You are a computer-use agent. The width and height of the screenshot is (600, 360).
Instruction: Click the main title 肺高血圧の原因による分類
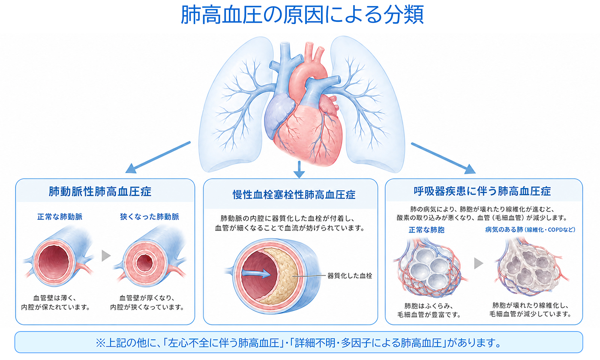point(303,15)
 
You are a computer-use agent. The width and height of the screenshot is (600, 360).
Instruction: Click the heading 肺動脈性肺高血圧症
point(100,192)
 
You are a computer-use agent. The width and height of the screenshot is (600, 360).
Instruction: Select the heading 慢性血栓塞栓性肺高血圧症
point(294,195)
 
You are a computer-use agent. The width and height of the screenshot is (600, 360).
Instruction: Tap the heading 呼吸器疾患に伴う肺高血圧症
point(482,191)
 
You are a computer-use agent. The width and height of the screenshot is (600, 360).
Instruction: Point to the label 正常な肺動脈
point(60,216)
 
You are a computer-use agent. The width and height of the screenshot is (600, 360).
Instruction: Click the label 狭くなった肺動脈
point(150,216)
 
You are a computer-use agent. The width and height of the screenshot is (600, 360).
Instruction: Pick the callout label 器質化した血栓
point(350,276)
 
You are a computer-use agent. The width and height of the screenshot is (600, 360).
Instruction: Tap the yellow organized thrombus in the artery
point(281,276)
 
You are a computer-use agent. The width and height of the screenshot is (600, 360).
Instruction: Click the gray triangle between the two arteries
point(106,255)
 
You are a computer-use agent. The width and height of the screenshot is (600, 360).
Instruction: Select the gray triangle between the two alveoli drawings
point(478,263)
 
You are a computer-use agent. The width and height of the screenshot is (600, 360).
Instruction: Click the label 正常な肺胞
point(426,230)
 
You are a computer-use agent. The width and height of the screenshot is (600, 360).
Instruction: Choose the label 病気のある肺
point(504,230)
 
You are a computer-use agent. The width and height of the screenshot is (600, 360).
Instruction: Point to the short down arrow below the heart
point(299,170)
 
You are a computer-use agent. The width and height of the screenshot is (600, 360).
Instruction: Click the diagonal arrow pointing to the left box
point(158,157)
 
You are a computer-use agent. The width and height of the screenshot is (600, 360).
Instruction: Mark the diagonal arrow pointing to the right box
point(444,158)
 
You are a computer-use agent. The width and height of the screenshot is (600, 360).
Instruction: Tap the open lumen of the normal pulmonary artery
point(54,262)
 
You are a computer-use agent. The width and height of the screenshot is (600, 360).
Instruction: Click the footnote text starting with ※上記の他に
point(298,343)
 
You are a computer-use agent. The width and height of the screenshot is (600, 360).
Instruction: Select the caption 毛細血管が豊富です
point(429,315)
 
